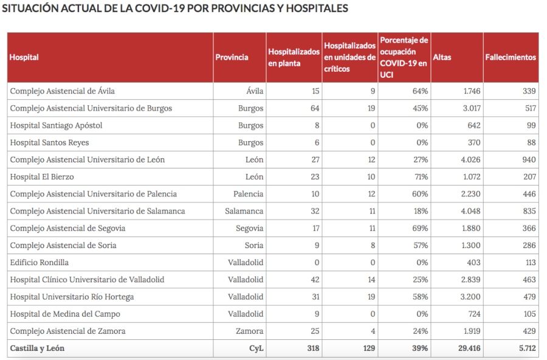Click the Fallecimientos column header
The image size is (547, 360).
(x=511, y=57)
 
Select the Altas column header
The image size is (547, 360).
(x=442, y=57)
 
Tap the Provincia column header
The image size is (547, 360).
(x=232, y=57)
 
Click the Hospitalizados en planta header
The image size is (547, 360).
(x=294, y=57)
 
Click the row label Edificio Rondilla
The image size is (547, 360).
(x=40, y=263)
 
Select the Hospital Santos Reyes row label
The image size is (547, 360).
(x=49, y=142)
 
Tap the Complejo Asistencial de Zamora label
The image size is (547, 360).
(x=67, y=331)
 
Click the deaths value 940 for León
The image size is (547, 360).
(x=529, y=160)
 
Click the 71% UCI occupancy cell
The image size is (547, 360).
(x=420, y=177)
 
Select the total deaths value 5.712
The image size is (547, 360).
(x=526, y=348)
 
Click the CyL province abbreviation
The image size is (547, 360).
(x=255, y=348)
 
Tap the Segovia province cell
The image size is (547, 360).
(x=249, y=229)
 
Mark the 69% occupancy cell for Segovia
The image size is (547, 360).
(x=420, y=229)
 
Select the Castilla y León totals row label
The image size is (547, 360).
(x=37, y=348)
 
